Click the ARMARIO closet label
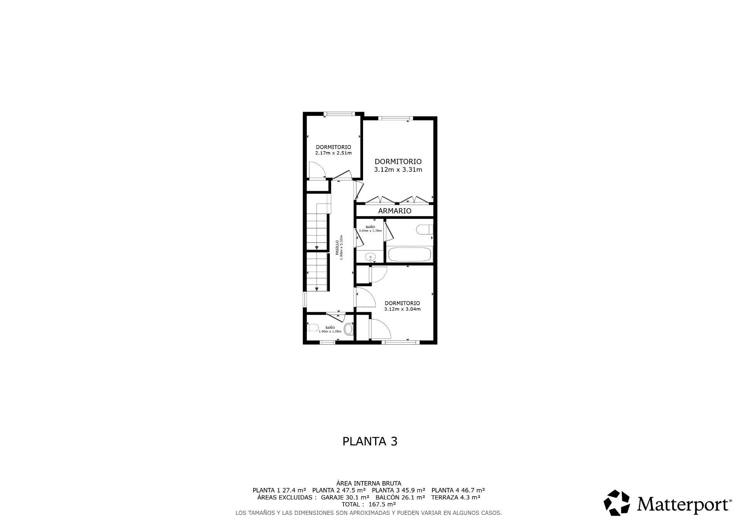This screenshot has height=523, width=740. tap(395, 211)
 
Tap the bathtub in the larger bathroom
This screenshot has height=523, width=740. tap(409, 254)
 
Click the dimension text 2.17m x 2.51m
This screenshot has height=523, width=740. tap(333, 153)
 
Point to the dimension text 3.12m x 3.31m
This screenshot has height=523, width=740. tap(398, 170)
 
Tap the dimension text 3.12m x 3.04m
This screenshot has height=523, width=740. tap(402, 309)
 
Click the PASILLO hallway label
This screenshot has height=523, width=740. tap(337, 248)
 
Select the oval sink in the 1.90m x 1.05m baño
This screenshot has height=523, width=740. tap(348, 329)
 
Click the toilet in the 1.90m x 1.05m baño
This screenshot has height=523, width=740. tap(313, 328)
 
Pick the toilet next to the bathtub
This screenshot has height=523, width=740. tap(424, 230)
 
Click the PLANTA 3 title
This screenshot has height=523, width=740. tap(370, 441)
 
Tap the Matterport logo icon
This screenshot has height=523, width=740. tap(617, 503)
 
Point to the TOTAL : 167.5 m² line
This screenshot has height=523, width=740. tap(369, 504)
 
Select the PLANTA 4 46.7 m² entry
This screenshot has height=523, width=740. tap(458, 490)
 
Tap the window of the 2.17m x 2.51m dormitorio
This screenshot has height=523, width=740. tap(338, 114)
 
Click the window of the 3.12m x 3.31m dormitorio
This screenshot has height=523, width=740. tap(395, 118)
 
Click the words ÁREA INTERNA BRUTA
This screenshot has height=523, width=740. tap(369, 483)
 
